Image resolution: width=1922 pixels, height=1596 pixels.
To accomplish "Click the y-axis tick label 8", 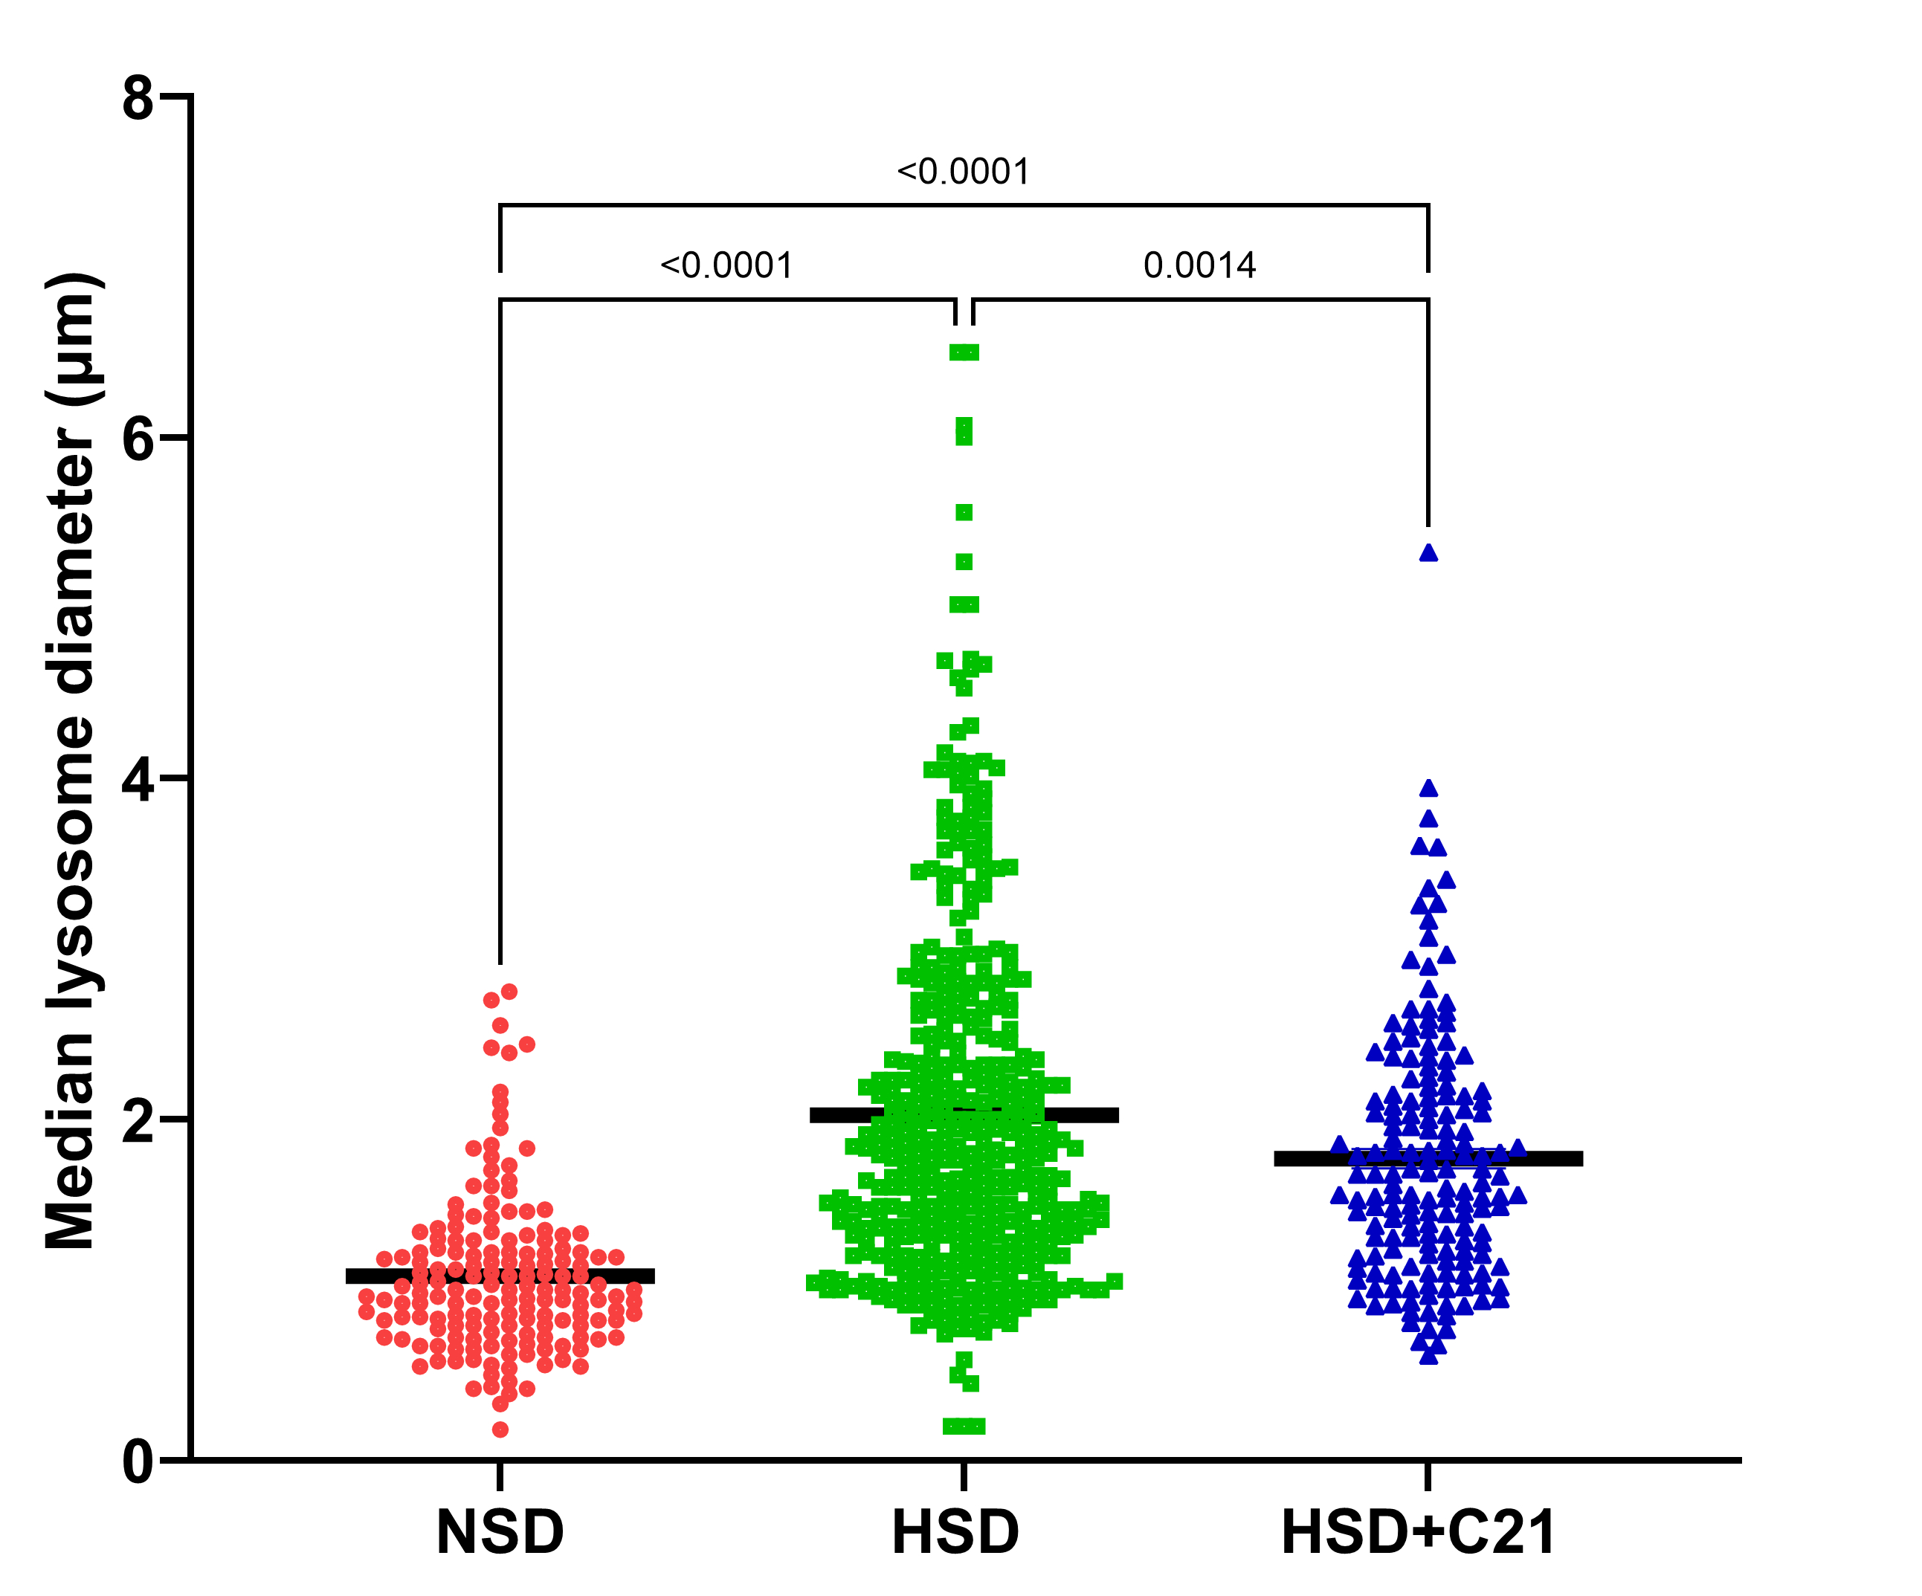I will pos(138,98).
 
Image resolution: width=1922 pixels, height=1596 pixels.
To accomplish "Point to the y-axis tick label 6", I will pos(138,439).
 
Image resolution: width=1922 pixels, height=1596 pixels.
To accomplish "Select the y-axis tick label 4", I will pos(138,781).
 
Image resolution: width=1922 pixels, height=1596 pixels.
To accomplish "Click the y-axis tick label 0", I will pos(138,1461).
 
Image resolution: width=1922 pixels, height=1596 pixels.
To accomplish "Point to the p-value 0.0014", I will pos(1199,266).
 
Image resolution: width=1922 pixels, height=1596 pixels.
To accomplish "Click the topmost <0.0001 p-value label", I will pos(963,172).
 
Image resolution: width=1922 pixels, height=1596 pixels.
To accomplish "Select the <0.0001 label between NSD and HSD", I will pos(726,266).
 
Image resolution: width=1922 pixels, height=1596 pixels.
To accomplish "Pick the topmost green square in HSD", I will pos(964,352).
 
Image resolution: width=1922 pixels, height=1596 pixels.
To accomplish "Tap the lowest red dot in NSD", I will pos(500,1429).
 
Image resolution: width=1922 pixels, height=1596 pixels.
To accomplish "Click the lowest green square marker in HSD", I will pos(964,1425).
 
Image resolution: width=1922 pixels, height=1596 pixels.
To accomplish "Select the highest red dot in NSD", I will pos(509,991).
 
